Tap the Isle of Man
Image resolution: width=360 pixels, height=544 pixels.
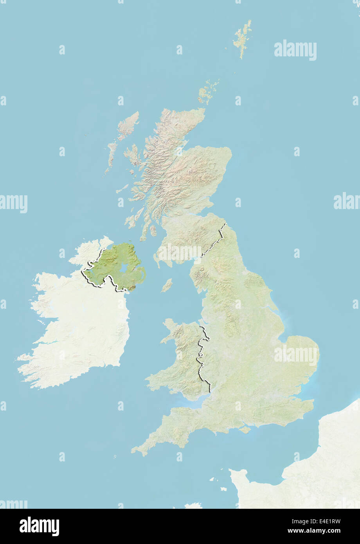click(x=167, y=285)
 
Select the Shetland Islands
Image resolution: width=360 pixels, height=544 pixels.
click(x=242, y=37)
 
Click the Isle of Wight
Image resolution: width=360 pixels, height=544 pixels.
click(x=245, y=429)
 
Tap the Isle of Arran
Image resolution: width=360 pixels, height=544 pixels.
click(x=153, y=231)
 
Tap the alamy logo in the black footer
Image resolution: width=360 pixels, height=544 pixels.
click(x=39, y=526)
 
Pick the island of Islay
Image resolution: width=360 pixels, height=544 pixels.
click(x=129, y=221)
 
